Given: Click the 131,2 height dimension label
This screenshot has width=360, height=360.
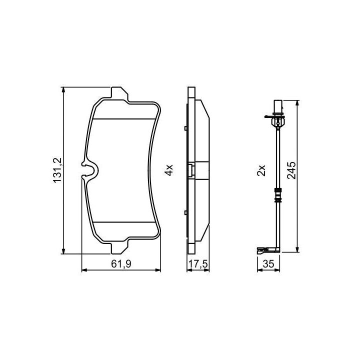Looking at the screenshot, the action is click(57, 170).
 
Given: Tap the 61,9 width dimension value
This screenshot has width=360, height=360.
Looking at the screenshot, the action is click(121, 264).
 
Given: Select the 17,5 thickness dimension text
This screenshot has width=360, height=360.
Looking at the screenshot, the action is click(198, 264).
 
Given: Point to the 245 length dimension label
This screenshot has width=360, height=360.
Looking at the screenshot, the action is click(291, 170).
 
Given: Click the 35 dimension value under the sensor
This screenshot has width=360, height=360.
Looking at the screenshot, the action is click(268, 264).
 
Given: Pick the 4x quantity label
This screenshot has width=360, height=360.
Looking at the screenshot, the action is click(169, 170).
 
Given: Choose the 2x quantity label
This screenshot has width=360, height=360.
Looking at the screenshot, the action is click(261, 170).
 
